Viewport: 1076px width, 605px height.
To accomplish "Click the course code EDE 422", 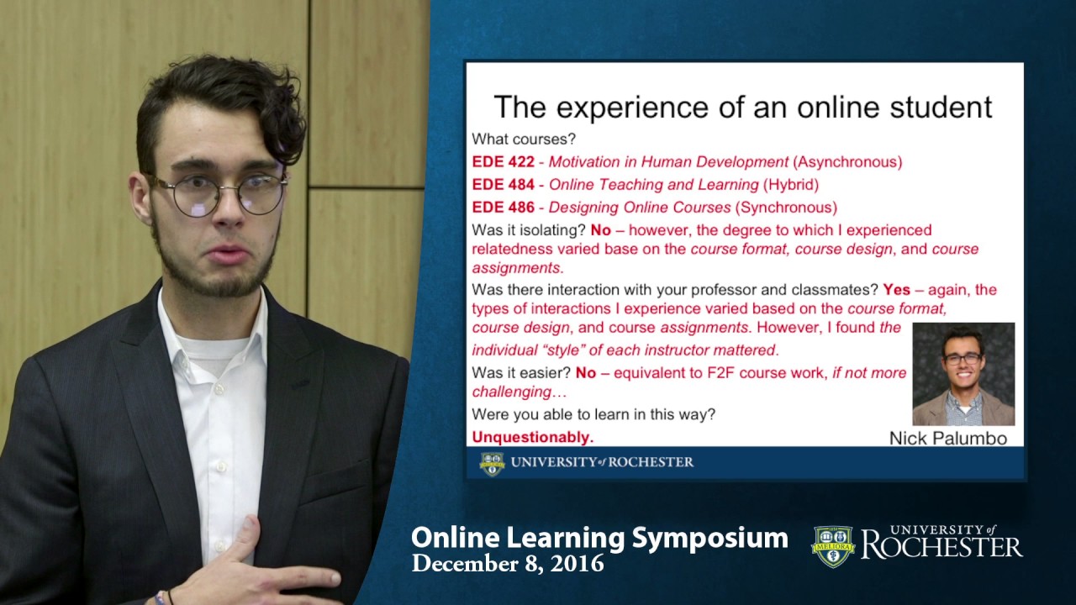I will point(503,162).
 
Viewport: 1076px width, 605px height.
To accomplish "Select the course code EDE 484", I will point(503,185).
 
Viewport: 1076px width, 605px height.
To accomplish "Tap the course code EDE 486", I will point(503,208).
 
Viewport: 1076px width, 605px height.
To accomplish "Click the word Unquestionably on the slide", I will point(532,437).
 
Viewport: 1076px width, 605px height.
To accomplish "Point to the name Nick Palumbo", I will point(947,438).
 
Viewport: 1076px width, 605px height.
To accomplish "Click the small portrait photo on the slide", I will point(963,374).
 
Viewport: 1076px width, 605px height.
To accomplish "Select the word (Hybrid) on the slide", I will point(790,185).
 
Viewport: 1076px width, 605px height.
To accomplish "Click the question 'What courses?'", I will point(524,139).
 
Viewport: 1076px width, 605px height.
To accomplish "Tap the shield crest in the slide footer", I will point(492,463).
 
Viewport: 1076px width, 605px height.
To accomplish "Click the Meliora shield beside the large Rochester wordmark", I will point(832,546).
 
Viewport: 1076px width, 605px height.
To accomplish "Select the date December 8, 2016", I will point(508,564).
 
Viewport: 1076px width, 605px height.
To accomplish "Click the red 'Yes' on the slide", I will point(896,290).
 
